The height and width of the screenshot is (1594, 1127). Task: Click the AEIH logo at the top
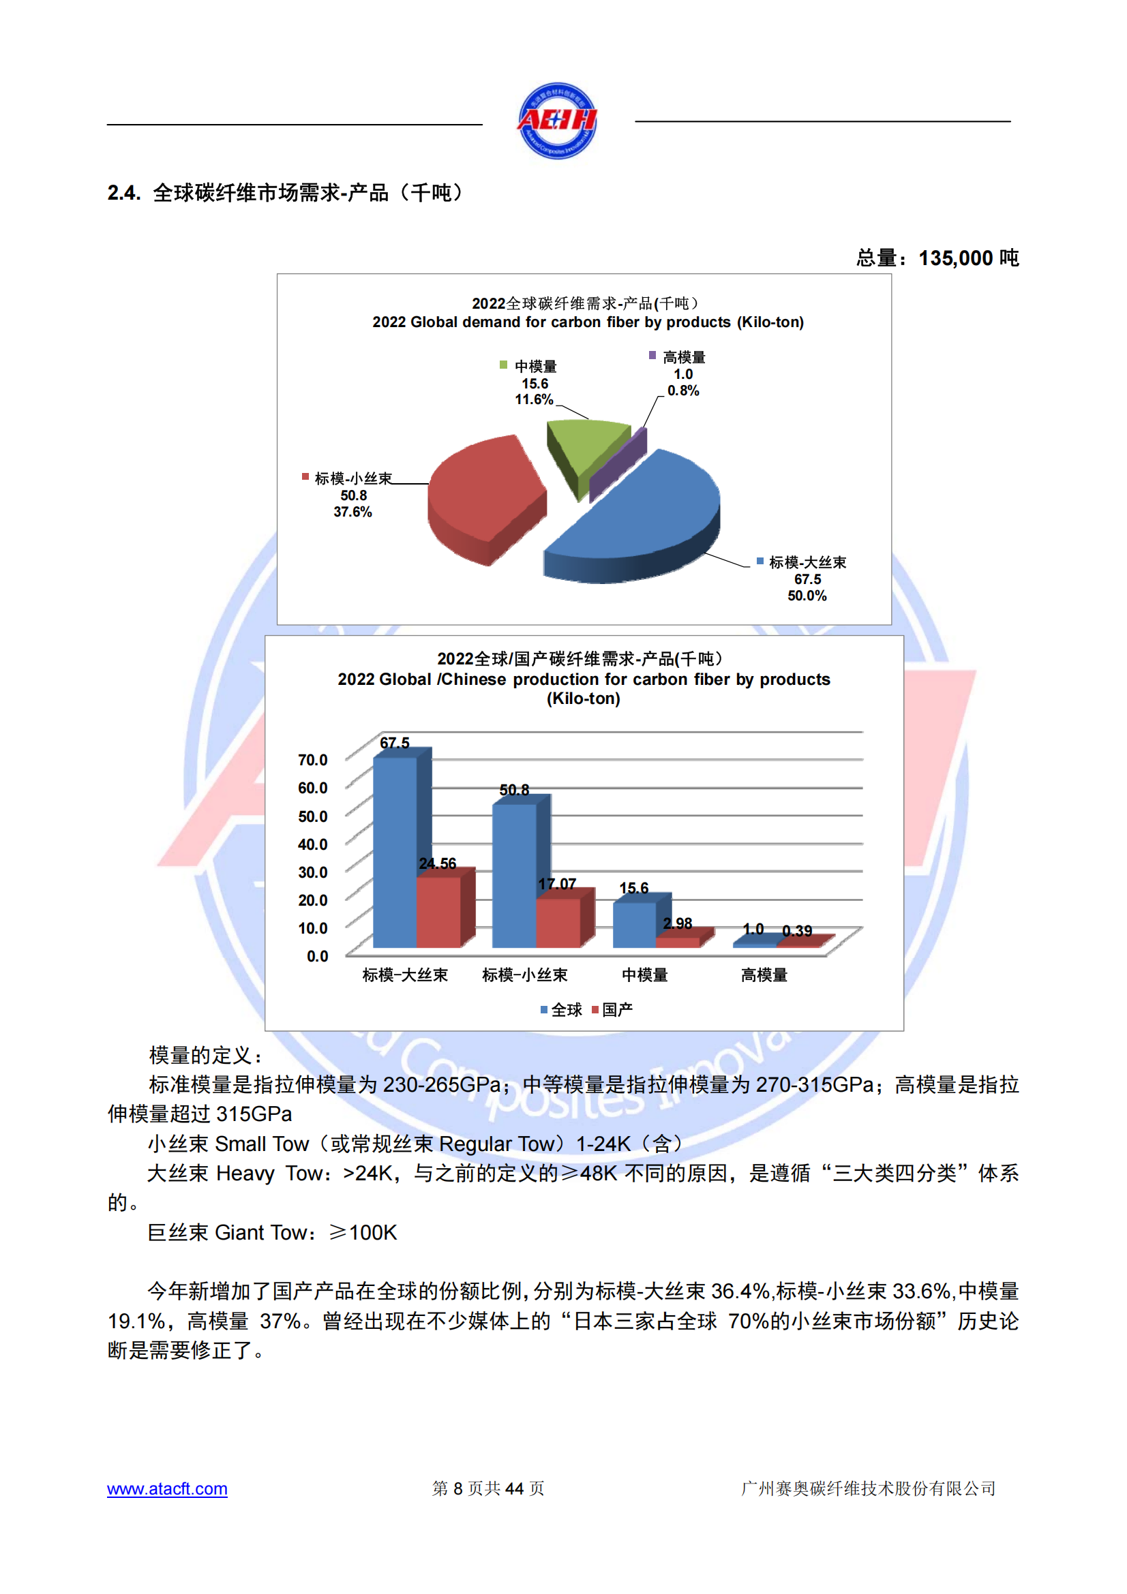(557, 121)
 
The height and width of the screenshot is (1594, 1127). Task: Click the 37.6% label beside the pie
(352, 512)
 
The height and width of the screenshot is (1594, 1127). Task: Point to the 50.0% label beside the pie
(807, 596)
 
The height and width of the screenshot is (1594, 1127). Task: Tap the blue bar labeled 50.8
(514, 875)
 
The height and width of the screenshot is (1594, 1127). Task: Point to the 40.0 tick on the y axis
(312, 844)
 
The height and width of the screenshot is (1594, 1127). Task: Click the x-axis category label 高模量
(764, 975)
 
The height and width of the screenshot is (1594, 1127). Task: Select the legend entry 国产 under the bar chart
(612, 1009)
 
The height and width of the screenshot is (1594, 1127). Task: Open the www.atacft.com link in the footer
(167, 1488)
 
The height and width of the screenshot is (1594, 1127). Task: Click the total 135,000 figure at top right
(955, 258)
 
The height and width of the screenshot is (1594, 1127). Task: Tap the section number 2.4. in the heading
(124, 193)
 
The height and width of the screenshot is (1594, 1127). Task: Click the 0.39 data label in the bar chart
(796, 930)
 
